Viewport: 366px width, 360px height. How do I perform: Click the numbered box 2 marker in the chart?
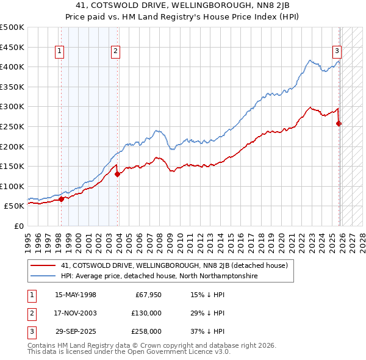pyautogui.click(x=115, y=52)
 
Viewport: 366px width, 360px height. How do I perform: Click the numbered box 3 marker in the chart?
pyautogui.click(x=336, y=52)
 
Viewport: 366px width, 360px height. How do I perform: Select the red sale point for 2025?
pyautogui.click(x=339, y=123)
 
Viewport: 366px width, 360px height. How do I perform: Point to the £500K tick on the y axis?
pyautogui.click(x=12, y=27)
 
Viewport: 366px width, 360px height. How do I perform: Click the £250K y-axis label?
pyautogui.click(x=12, y=126)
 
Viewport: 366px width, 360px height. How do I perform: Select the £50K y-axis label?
pyautogui.click(x=15, y=206)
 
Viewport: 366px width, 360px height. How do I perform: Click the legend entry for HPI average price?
pyautogui.click(x=159, y=276)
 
